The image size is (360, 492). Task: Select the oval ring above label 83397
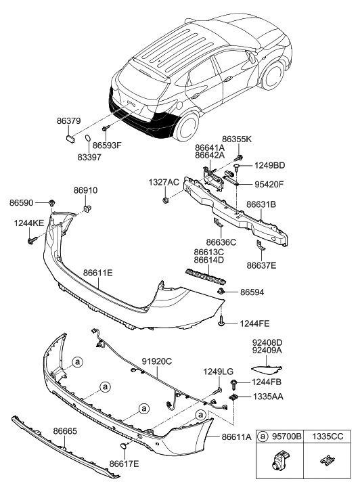pyautogui.click(x=89, y=139)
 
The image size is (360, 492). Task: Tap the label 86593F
pyautogui.click(x=108, y=145)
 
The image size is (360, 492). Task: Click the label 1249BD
pyautogui.click(x=270, y=166)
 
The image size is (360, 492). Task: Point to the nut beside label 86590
pyautogui.click(x=52, y=202)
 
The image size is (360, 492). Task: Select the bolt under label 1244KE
pyautogui.click(x=32, y=239)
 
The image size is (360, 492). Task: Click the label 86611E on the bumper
pyautogui.click(x=98, y=273)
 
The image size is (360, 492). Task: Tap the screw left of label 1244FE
pyautogui.click(x=223, y=323)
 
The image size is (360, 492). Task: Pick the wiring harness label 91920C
pyautogui.click(x=157, y=361)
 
